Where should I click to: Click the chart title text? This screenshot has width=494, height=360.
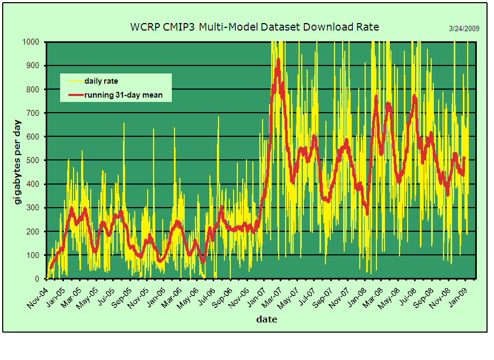coord(255,27)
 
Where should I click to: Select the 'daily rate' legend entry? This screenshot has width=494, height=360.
coord(101,81)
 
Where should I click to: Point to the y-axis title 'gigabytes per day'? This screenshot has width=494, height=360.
coord(17,161)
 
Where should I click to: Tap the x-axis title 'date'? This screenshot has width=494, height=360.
coord(266,319)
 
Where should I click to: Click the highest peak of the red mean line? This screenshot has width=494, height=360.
coord(278,60)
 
